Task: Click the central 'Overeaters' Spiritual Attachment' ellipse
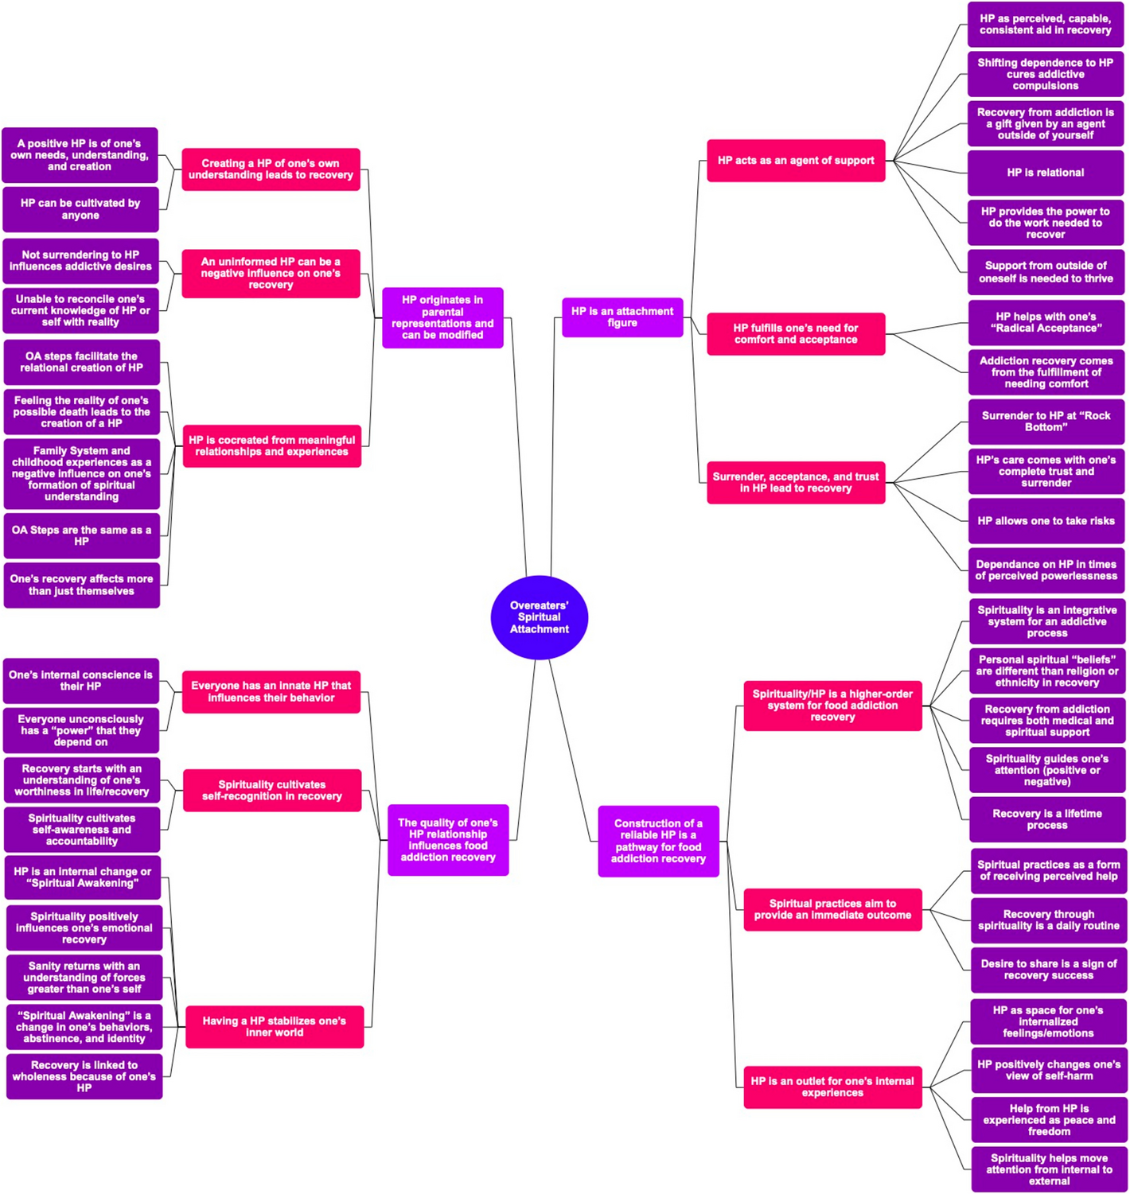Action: coord(539,617)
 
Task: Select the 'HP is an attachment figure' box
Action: coord(622,317)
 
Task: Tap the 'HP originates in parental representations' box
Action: coord(442,317)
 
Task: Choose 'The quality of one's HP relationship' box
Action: coord(448,840)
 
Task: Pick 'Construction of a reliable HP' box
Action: coord(658,842)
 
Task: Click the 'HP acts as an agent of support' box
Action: coord(796,161)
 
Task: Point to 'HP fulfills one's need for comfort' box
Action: coord(796,334)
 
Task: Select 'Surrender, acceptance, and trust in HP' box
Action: coord(796,483)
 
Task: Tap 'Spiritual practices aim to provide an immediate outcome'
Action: coord(832,909)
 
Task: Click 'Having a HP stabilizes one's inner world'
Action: coord(275,1027)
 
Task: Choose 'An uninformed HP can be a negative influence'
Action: coord(271,274)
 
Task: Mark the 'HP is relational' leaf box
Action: coord(1046,173)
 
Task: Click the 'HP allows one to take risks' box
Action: coord(1046,521)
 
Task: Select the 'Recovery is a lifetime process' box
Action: coord(1046,819)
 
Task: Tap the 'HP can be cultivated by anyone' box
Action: coord(80,209)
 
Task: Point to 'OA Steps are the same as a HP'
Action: coord(81,536)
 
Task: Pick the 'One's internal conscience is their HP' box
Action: coord(80,681)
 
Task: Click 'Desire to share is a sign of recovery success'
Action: coord(1048,970)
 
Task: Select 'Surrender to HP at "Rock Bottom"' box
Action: coord(1046,422)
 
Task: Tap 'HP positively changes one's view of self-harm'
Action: coord(1048,1070)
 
